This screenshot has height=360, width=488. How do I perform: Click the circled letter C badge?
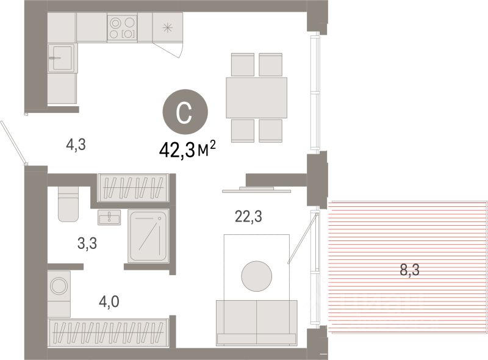click(x=185, y=112)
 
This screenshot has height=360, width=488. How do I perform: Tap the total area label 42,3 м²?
click(x=187, y=149)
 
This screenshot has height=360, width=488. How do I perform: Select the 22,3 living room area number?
click(x=248, y=217)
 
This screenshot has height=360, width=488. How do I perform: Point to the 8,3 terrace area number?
click(x=409, y=270)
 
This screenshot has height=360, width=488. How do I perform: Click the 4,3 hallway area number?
click(x=76, y=145)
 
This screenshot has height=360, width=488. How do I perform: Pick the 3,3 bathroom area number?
click(x=87, y=243)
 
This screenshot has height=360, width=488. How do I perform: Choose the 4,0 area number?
click(x=109, y=301)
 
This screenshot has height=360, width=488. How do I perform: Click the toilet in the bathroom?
click(x=68, y=204)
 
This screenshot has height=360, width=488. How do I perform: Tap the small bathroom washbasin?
click(x=109, y=217)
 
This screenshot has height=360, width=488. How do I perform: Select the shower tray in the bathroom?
click(x=148, y=236)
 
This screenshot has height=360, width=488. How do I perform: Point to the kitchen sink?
click(x=62, y=58)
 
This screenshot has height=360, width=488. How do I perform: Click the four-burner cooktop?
click(x=123, y=27)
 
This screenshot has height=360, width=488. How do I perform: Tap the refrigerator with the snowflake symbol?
click(x=167, y=27)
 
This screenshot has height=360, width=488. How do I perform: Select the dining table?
click(x=256, y=98)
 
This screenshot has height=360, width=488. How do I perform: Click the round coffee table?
click(x=257, y=276)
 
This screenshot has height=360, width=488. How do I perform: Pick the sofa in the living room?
click(x=256, y=323)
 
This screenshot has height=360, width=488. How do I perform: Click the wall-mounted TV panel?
click(x=256, y=190)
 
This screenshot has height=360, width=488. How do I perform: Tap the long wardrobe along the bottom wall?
click(x=109, y=333)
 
